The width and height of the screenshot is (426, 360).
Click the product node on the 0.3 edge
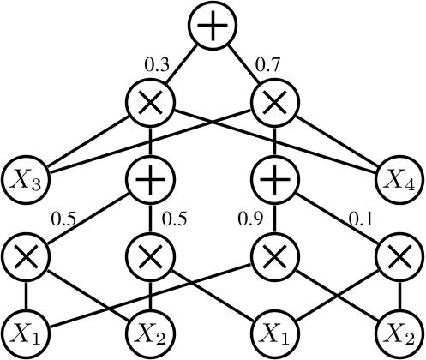151,103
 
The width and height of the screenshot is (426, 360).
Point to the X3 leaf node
26,180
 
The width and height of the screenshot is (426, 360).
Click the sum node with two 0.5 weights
151,180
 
